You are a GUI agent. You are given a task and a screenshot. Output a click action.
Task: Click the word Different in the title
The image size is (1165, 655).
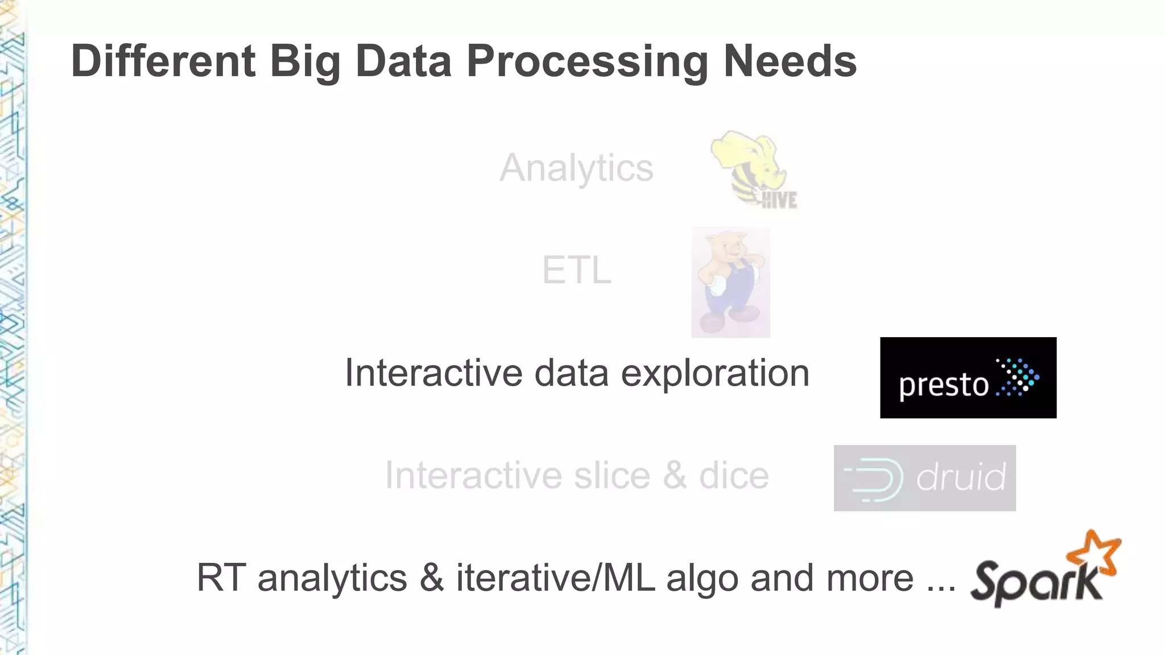163,61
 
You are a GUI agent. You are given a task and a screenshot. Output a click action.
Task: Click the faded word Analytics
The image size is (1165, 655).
576,168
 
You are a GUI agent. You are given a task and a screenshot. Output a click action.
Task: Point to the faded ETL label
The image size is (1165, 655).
576,270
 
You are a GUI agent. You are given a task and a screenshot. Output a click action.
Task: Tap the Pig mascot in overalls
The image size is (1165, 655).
730,282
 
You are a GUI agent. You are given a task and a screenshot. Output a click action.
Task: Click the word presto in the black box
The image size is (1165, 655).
943,385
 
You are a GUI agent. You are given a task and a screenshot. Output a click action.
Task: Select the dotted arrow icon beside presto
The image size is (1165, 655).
1018,377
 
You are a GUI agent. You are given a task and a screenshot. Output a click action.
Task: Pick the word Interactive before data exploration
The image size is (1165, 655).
433,374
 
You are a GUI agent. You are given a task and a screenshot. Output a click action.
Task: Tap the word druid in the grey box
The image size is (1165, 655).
960,477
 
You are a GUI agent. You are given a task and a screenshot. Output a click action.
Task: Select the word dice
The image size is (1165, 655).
734,476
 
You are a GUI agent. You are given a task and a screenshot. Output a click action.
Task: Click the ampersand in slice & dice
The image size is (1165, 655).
674,476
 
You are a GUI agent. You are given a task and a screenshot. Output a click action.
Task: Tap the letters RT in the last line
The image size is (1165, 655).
221,578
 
